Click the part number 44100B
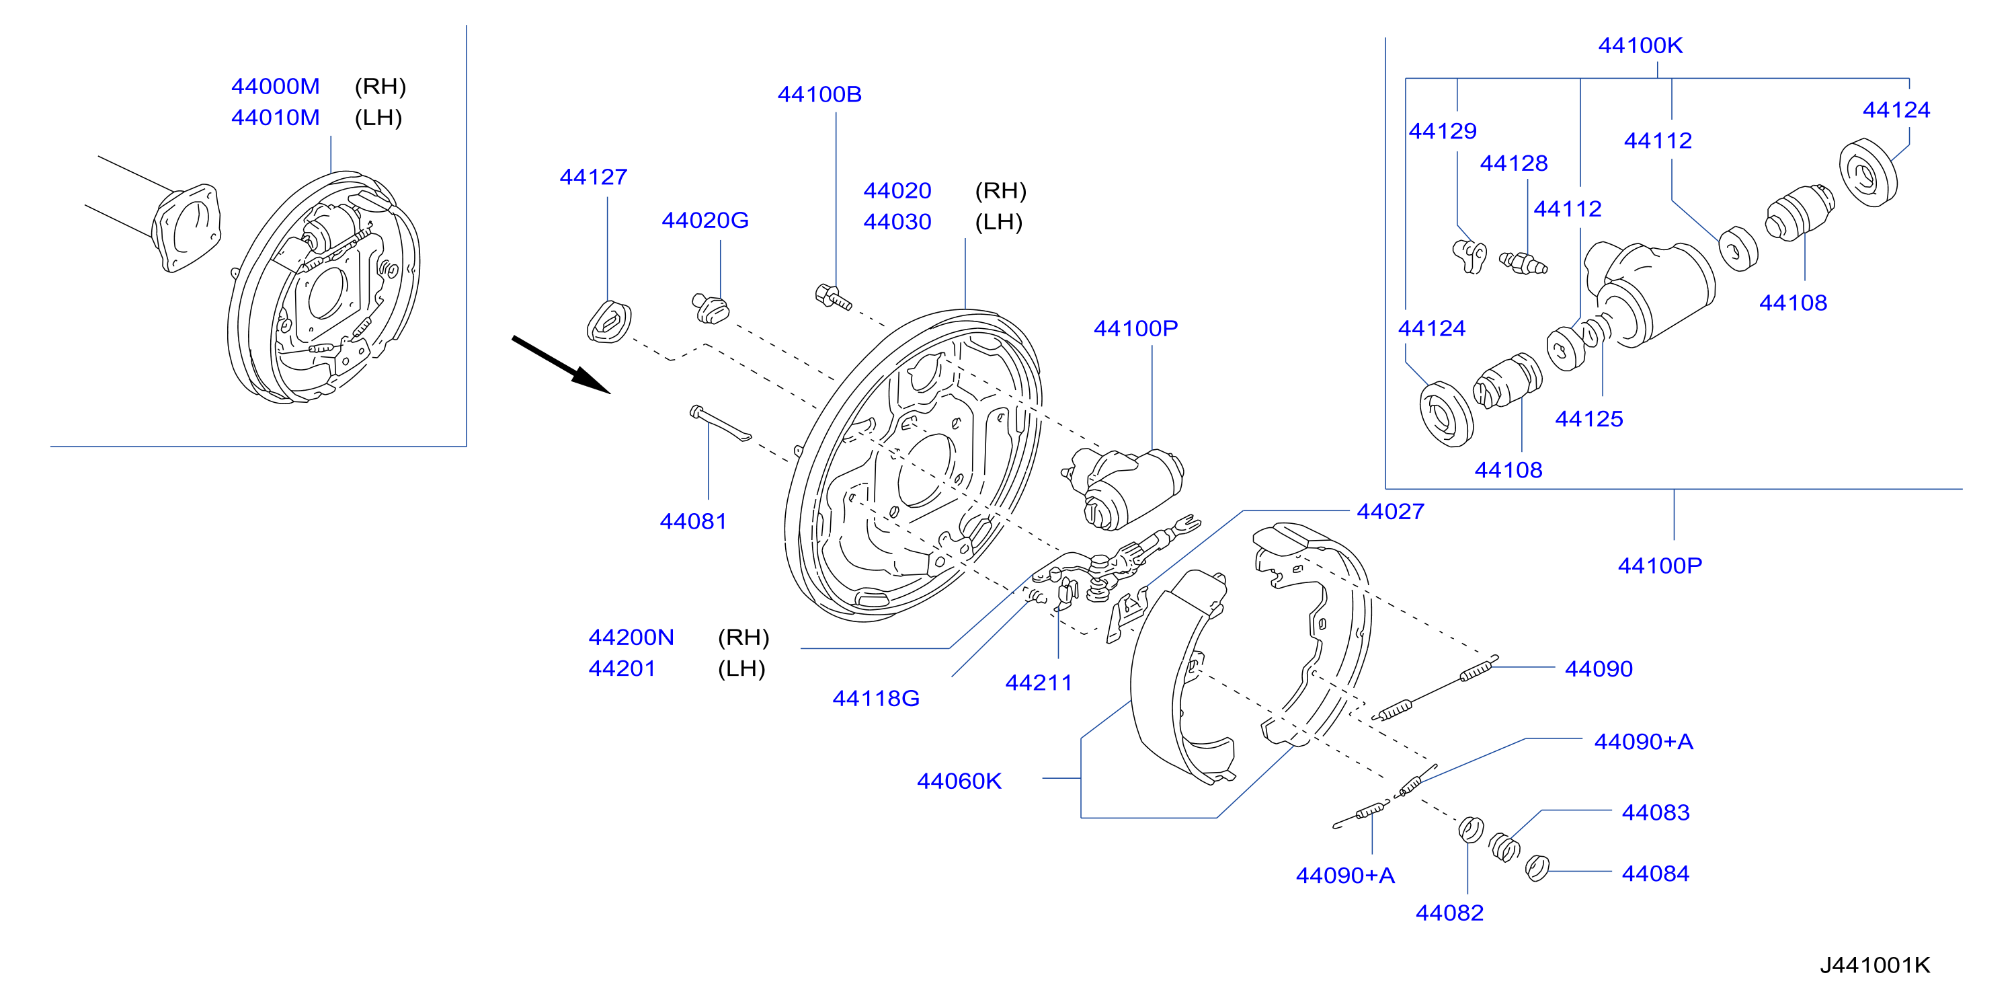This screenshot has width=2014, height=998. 819,95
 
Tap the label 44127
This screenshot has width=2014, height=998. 594,178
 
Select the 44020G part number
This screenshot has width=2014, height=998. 705,221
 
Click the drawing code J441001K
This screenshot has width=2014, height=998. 1875,965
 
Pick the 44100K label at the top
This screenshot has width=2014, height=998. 1640,45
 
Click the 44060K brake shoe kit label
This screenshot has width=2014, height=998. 959,781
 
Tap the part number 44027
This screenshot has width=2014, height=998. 1390,512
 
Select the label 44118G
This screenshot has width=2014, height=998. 876,699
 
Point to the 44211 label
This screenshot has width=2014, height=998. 1039,683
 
